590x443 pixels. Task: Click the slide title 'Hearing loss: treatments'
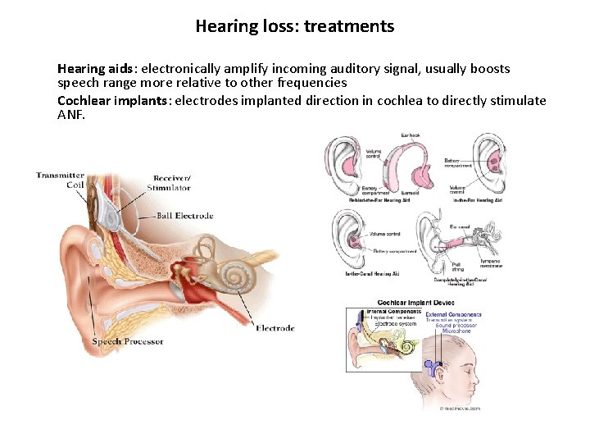pyautogui.click(x=295, y=26)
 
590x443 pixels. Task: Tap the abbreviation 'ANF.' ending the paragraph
pyautogui.click(x=71, y=114)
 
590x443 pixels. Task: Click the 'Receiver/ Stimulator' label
pyautogui.click(x=172, y=183)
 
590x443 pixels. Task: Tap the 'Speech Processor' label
pyautogui.click(x=128, y=341)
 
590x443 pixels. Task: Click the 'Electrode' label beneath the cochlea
pyautogui.click(x=275, y=328)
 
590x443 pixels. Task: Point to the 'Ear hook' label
pyautogui.click(x=411, y=135)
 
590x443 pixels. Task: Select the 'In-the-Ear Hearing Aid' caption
pyautogui.click(x=476, y=200)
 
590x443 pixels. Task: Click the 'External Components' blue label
pyautogui.click(x=454, y=314)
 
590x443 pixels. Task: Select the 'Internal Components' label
pyautogui.click(x=393, y=313)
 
